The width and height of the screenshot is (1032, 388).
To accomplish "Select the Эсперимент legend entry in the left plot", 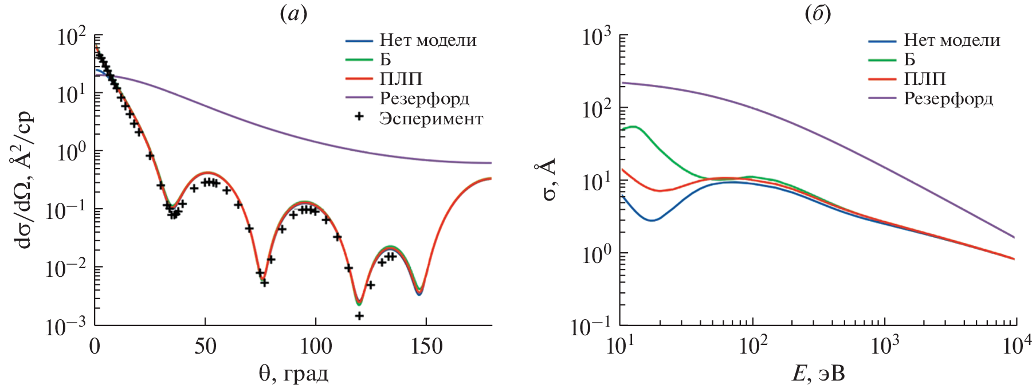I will click(430, 119).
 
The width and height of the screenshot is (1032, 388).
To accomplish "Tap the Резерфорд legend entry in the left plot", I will click(424, 99).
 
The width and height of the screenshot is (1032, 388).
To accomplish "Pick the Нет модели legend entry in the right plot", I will click(951, 40).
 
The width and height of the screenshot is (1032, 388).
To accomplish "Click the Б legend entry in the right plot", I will click(909, 59).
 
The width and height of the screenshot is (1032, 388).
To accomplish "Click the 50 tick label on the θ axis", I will click(205, 347).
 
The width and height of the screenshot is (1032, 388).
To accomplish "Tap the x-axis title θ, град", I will click(293, 374).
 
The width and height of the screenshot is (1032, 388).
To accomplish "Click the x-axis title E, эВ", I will click(818, 374).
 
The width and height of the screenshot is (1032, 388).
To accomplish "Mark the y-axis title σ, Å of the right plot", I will click(549, 182).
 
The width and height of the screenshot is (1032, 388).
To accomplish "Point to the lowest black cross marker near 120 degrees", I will click(359, 316).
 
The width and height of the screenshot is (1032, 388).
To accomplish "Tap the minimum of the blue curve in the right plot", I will click(652, 220).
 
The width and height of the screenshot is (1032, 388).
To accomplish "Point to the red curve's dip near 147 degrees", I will click(419, 293).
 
